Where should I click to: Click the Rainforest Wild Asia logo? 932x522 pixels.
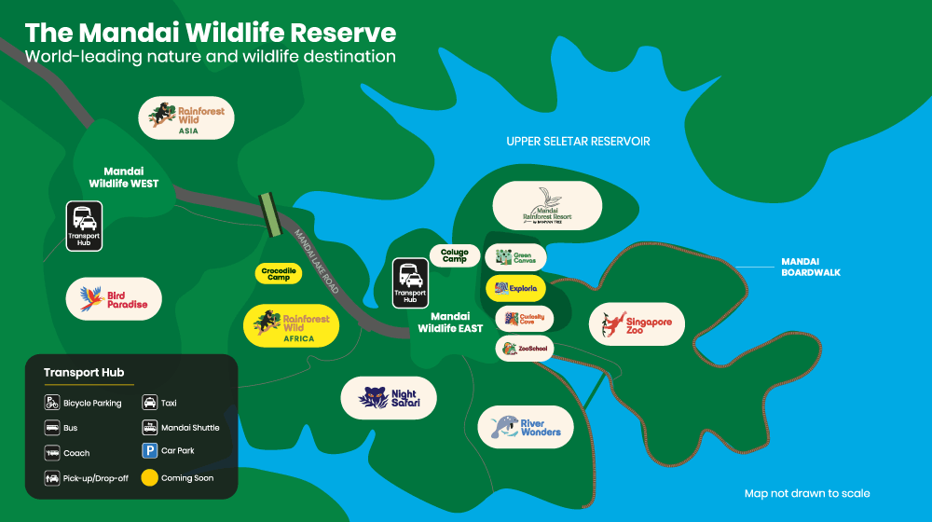coord(186,118)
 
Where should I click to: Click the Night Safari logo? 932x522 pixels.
coord(389,398)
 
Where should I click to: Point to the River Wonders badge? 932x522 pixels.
coord(526,427)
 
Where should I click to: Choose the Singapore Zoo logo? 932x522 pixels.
coord(637,324)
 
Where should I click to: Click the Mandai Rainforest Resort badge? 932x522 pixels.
coord(547,205)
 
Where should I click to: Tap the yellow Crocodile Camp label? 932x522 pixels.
coord(278,273)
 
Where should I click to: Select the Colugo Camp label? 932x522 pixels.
coord(455,254)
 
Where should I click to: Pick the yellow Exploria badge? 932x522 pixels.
coord(515,288)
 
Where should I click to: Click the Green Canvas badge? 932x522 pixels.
coord(515,257)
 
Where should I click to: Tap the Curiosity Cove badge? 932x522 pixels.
coord(525,319)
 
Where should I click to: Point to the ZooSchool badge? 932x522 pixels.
coord(525,349)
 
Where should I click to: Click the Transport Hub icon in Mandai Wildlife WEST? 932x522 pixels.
coord(83,226)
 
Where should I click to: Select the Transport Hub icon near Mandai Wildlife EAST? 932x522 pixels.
coord(409,282)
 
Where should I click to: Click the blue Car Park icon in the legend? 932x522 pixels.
coord(149,451)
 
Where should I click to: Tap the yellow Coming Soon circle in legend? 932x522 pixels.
coord(149,477)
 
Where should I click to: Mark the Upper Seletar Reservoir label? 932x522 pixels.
coord(578,142)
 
